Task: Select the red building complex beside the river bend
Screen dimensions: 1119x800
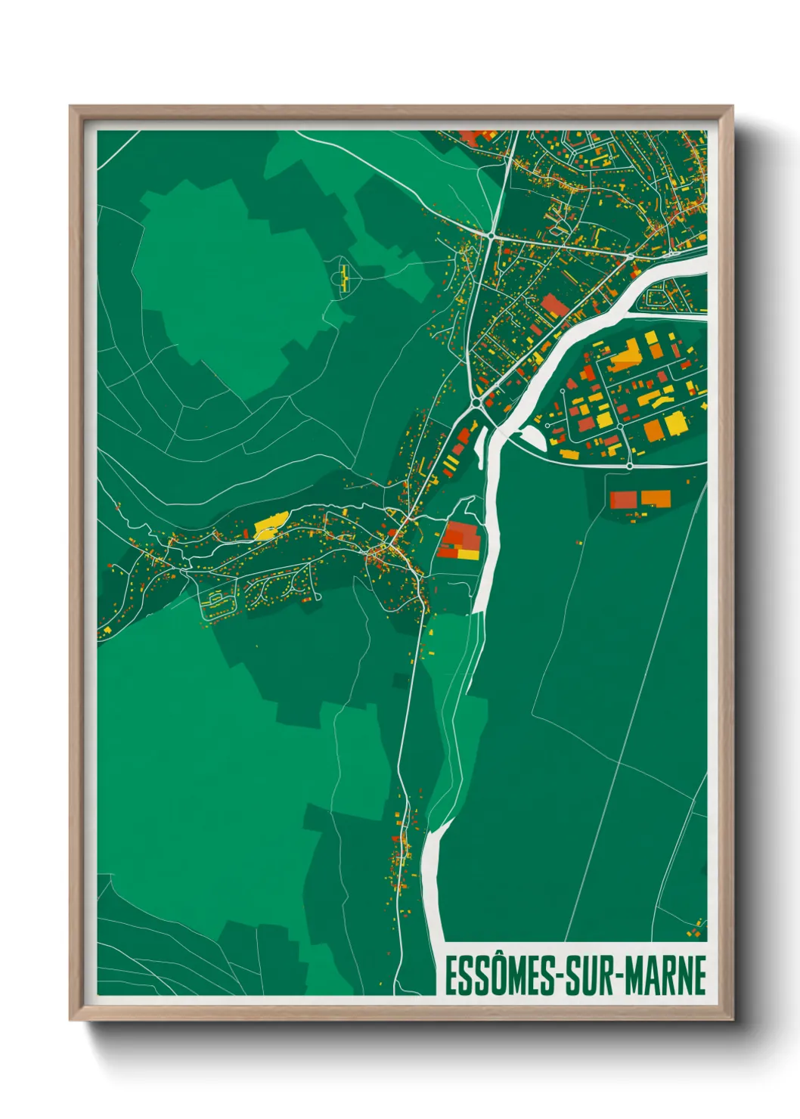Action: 459,540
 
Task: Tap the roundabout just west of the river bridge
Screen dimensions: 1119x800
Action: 477,405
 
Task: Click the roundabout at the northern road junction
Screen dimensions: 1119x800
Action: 492,237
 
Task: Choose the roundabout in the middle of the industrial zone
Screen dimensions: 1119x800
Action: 620,426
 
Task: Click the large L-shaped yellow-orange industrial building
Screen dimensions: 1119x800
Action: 625,355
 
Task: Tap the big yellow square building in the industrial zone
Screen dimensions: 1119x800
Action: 673,423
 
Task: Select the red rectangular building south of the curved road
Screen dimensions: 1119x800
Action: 623,499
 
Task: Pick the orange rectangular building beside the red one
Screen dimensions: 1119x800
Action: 656,498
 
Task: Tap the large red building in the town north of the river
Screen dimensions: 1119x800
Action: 554,305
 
